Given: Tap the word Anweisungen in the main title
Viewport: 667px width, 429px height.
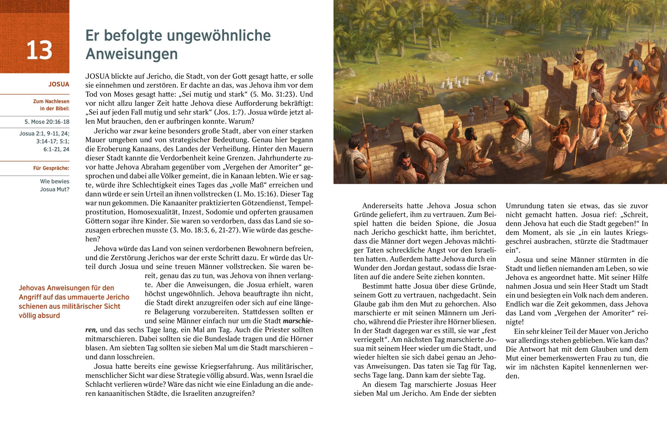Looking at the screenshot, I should (131, 54).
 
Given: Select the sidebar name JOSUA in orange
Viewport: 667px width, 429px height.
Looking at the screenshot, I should (59, 85).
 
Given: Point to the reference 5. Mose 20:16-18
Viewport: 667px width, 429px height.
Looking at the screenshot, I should (47, 122).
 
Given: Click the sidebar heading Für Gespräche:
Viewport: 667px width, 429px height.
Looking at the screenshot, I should (51, 168).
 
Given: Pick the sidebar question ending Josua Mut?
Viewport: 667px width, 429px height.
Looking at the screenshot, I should (54, 190).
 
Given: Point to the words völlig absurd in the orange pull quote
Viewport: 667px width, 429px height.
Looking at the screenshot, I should (39, 316).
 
